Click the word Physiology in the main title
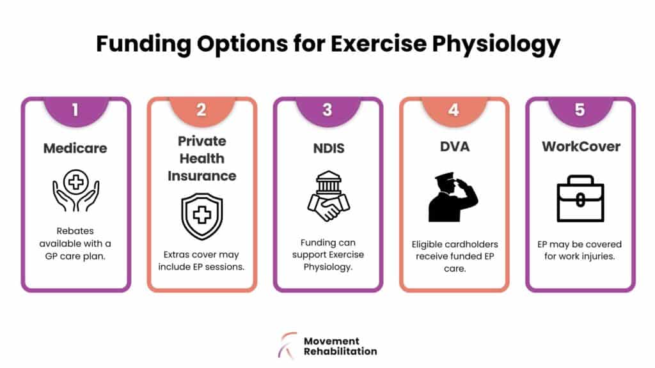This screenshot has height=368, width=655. [496, 44]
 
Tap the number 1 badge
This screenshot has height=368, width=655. [76, 111]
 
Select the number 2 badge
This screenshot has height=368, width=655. [201, 111]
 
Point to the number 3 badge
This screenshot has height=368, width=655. [328, 111]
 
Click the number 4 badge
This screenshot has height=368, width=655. [454, 111]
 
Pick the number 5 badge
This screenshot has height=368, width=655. [580, 111]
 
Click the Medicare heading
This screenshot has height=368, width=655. [75, 148]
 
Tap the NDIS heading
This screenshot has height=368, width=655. [329, 148]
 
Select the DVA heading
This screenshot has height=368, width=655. [455, 146]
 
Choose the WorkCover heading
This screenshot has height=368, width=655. [581, 146]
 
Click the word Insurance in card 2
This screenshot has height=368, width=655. [202, 176]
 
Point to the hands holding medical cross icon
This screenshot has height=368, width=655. [76, 190]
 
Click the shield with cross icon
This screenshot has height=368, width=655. [202, 216]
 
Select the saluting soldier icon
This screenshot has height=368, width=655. [453, 197]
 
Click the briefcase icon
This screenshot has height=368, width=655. [580, 198]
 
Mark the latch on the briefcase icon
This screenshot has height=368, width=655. [580, 200]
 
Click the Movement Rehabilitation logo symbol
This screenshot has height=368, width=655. [288, 346]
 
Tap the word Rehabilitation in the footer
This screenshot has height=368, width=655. [340, 352]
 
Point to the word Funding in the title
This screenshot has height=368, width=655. [144, 44]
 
